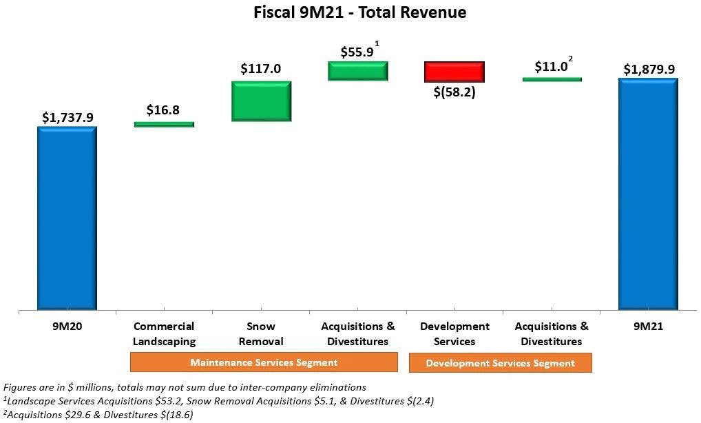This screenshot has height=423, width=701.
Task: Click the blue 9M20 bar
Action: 67,218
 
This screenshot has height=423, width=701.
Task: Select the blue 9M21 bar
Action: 648,194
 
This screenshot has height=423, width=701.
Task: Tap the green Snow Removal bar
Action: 262,101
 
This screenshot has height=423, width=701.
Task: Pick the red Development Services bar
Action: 454,72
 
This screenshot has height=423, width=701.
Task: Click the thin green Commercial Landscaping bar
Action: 164,125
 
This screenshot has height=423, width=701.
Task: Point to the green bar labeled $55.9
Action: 358,71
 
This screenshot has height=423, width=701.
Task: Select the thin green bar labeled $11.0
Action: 552,79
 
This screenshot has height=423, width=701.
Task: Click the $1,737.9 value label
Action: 67,118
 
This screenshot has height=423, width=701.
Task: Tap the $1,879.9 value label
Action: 648,69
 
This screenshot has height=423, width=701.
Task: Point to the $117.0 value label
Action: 261,69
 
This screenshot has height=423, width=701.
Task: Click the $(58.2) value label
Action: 454,92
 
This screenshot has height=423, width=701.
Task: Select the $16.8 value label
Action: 163,110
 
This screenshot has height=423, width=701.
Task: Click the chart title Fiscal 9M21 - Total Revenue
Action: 350,12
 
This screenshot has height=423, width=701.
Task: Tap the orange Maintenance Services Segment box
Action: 264,362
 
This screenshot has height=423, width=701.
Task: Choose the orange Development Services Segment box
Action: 500,363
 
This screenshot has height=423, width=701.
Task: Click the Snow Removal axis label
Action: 261,333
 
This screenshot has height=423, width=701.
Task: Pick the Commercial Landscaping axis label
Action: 164,333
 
